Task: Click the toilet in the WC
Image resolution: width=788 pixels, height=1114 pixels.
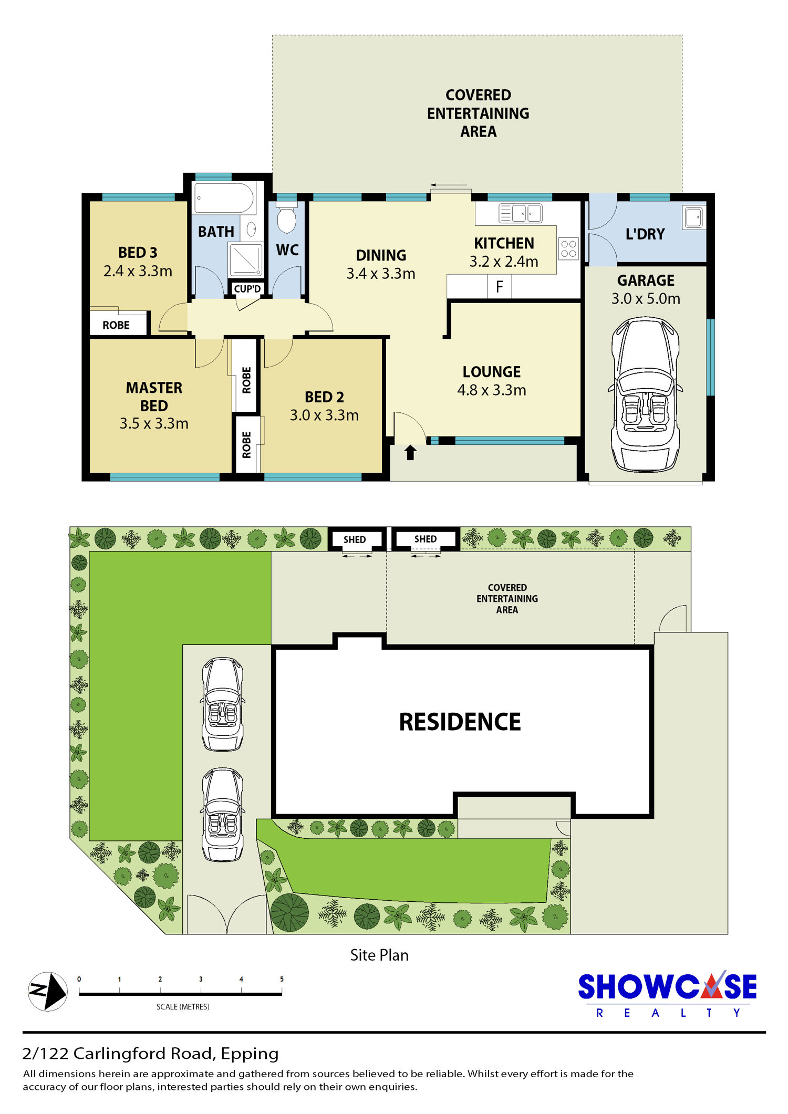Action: point(287,216)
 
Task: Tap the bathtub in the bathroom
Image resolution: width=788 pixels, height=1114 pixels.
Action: point(224,197)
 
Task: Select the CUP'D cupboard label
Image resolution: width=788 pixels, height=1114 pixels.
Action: point(247,289)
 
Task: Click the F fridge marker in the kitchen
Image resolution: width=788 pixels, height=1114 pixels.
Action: point(499,287)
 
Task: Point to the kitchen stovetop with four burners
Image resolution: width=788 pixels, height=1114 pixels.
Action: point(568,248)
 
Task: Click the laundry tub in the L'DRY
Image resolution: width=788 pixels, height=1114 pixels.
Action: point(694,217)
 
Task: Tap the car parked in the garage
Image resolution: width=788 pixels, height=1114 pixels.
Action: point(646,394)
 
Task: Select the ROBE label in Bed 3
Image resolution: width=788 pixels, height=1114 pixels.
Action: point(116,325)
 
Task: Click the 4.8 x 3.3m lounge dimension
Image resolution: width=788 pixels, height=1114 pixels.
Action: point(492,390)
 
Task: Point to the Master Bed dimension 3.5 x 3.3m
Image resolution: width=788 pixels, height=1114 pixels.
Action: point(154,423)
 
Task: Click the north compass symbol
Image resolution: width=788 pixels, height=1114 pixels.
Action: point(48,991)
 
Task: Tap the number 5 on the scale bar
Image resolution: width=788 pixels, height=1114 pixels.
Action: point(282,979)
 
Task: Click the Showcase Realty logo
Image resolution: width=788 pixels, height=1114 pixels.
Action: point(667,994)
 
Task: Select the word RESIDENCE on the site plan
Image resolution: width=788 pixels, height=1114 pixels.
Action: point(460,722)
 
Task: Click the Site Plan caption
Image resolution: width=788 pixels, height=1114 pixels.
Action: point(379,955)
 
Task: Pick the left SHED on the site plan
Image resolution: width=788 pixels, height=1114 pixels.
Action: point(355,539)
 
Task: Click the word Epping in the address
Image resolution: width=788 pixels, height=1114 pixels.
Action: point(250,1054)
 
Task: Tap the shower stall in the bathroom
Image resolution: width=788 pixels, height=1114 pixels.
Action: point(245,259)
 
